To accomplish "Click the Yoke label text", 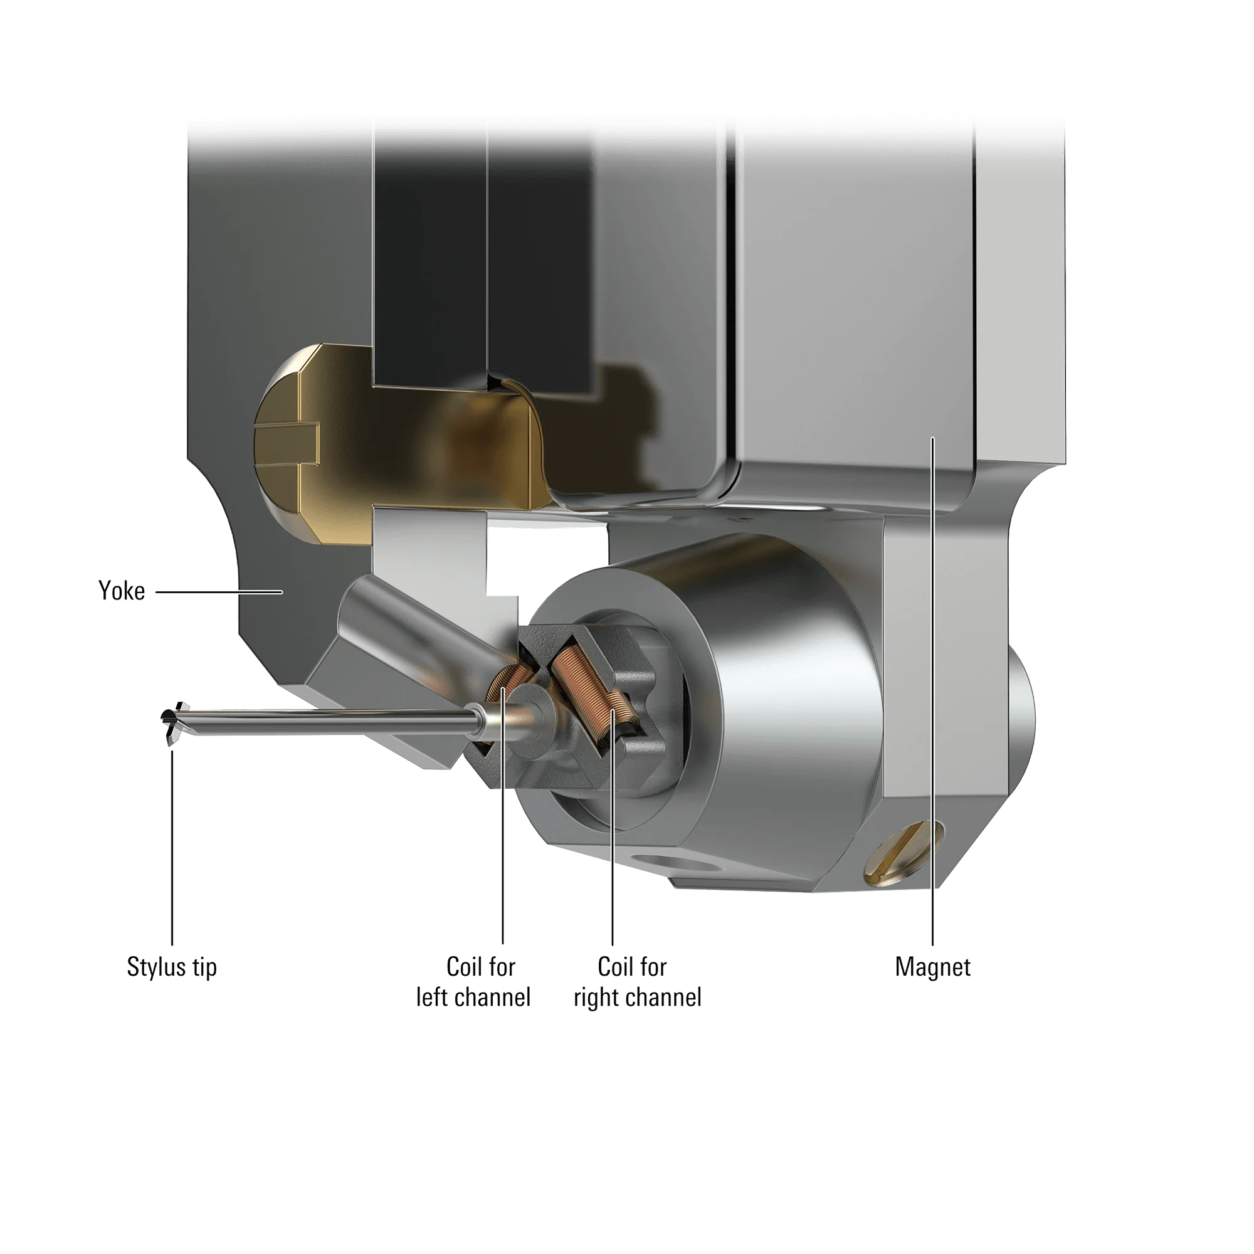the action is click(x=122, y=591).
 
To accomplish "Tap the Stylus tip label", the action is click(x=172, y=967).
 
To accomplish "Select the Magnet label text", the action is click(x=933, y=967).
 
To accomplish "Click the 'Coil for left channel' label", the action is click(x=474, y=982).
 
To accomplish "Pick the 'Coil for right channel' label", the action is click(x=638, y=982).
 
